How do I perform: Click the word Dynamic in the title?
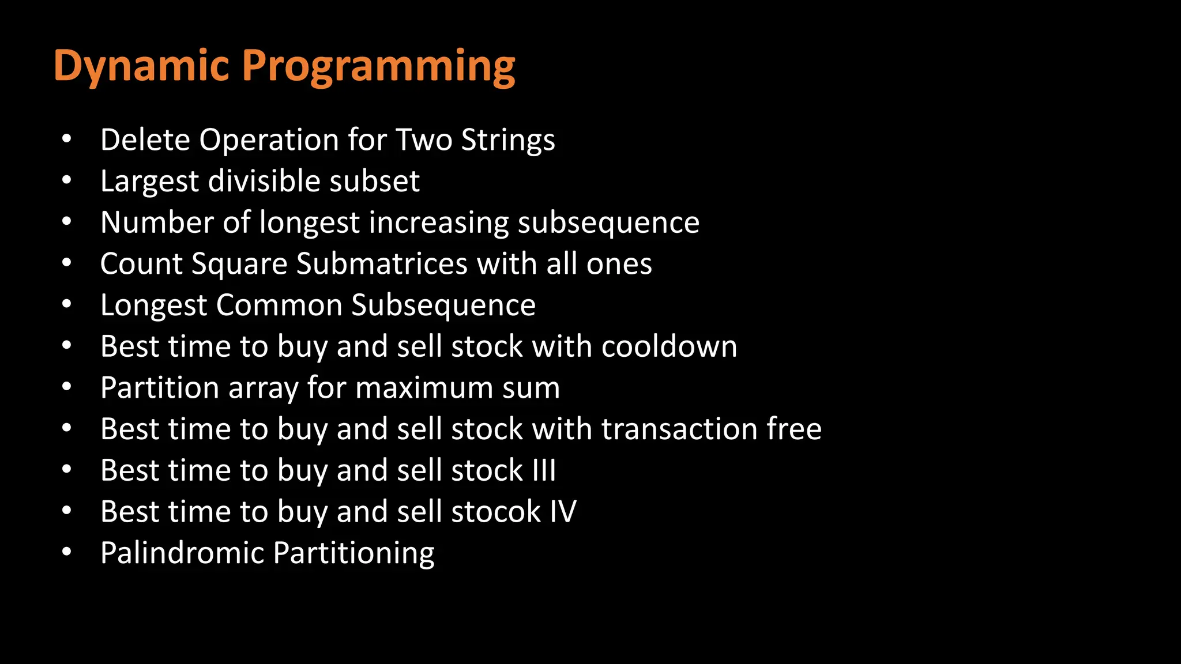(x=141, y=66)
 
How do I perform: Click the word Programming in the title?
(x=381, y=66)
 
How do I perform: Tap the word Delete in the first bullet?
(x=145, y=140)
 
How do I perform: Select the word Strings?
(x=508, y=140)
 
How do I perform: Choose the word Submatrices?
(x=382, y=264)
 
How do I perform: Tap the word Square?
(x=239, y=264)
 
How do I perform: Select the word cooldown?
(x=669, y=347)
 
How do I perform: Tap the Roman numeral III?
(x=544, y=470)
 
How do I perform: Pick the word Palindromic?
(x=182, y=553)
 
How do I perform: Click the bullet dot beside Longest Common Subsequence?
(x=67, y=304)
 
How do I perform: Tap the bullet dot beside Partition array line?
(x=67, y=387)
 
